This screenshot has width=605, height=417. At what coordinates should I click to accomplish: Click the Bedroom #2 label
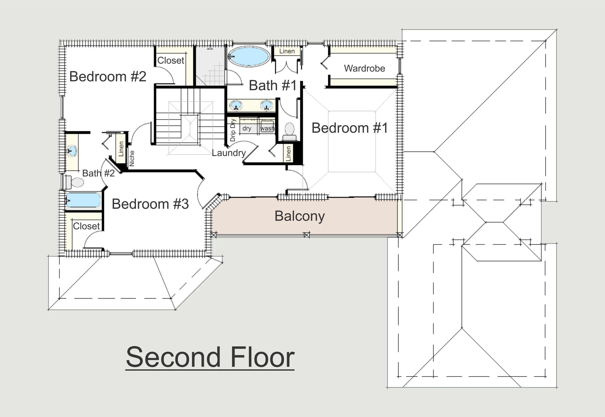point(108,77)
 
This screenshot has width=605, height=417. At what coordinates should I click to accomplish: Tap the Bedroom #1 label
point(350,128)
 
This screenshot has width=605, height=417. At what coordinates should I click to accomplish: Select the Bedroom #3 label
point(150,204)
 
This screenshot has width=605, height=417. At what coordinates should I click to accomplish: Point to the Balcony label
point(300,216)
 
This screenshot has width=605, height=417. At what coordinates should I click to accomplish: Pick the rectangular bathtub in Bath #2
point(83,200)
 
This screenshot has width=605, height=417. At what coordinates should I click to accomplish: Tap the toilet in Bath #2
point(75,182)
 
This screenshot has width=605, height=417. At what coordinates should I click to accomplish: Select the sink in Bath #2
point(71,151)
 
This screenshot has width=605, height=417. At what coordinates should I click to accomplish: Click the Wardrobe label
point(365,69)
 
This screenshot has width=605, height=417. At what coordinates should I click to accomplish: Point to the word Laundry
point(229,153)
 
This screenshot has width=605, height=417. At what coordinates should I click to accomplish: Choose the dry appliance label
point(247,129)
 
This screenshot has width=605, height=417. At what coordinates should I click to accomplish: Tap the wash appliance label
point(267,128)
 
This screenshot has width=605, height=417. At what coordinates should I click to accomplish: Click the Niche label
point(132,158)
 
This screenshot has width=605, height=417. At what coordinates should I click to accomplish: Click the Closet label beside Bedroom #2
point(171,61)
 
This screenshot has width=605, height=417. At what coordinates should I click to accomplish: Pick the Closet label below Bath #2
point(86,226)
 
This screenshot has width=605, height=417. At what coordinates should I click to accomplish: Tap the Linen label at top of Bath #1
point(287,51)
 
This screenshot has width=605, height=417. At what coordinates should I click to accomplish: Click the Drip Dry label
point(233,130)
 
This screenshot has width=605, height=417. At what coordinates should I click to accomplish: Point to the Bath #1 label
point(273,86)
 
